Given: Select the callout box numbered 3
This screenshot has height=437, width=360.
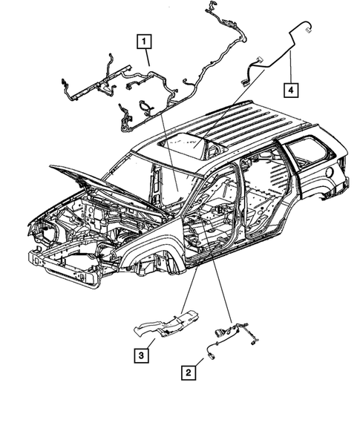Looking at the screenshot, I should pyautogui.click(x=140, y=355).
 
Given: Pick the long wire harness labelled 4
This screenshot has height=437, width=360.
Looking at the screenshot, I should pyautogui.click(x=267, y=63).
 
